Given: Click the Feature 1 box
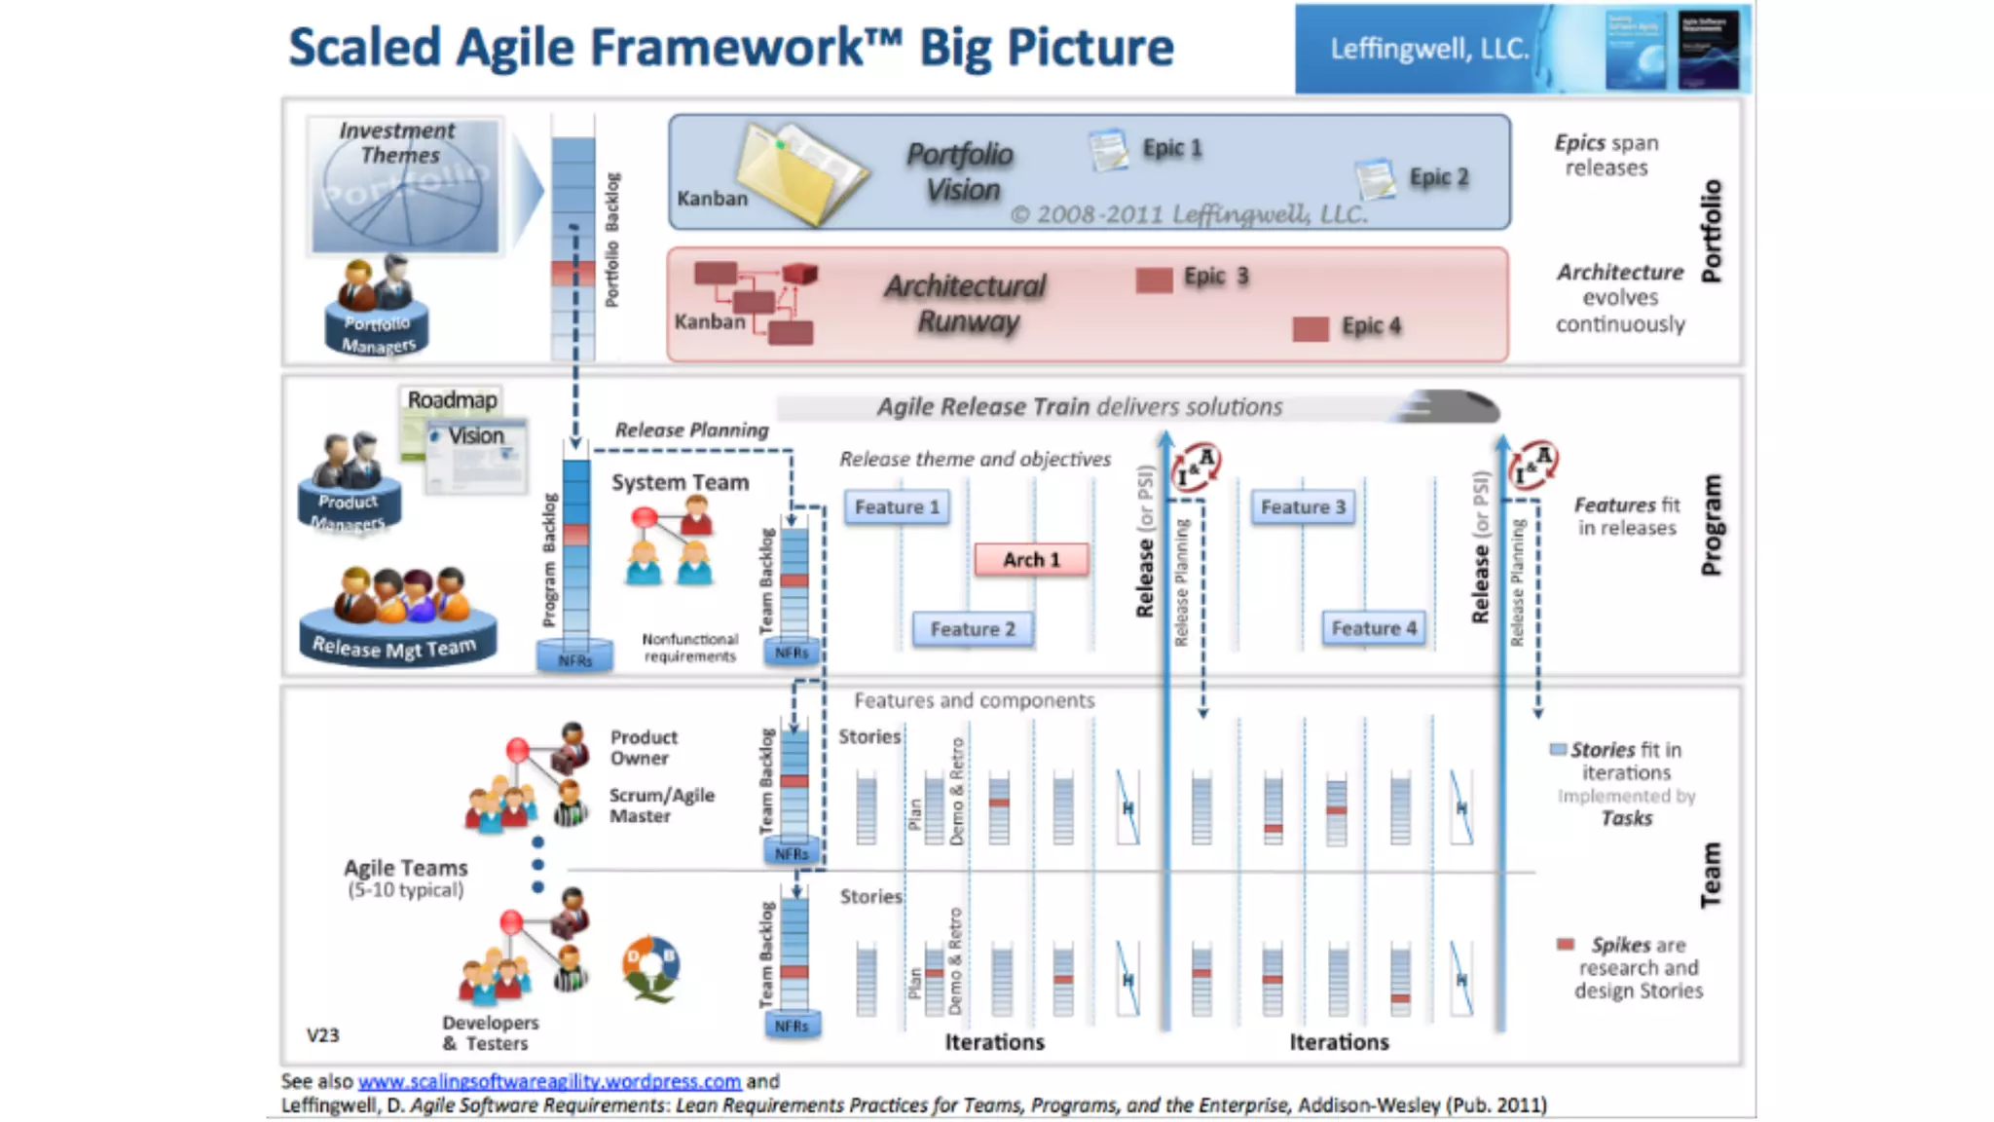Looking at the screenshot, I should (897, 507).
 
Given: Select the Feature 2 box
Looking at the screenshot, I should (972, 629).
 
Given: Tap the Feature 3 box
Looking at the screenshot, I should (1303, 507).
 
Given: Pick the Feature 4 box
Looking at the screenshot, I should (1374, 628).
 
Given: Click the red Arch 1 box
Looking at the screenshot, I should (1031, 560).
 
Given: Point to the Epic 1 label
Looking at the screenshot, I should (1172, 148).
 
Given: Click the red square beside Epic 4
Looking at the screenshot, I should (1311, 328).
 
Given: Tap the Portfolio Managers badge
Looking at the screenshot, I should (378, 334).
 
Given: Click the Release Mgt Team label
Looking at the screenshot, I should (395, 647).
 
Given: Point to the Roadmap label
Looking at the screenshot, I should (452, 399).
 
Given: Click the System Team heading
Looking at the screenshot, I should (680, 482).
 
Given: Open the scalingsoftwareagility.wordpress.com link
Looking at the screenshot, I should (549, 1081).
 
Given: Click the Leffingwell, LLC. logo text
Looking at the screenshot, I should (1429, 49).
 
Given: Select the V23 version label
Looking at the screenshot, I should (323, 1034).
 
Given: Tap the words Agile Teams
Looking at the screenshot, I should (405, 867).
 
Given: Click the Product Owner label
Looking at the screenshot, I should (643, 747).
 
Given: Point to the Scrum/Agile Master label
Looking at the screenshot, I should (661, 805).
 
